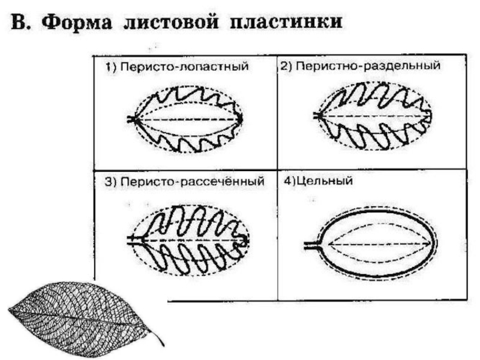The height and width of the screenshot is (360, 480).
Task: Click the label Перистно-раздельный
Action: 367,65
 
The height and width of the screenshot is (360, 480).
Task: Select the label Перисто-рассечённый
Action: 191,182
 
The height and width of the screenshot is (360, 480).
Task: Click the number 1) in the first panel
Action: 111,68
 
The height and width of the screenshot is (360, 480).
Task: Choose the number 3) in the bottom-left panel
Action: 111,182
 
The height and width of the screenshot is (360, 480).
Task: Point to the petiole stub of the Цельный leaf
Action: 311,245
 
